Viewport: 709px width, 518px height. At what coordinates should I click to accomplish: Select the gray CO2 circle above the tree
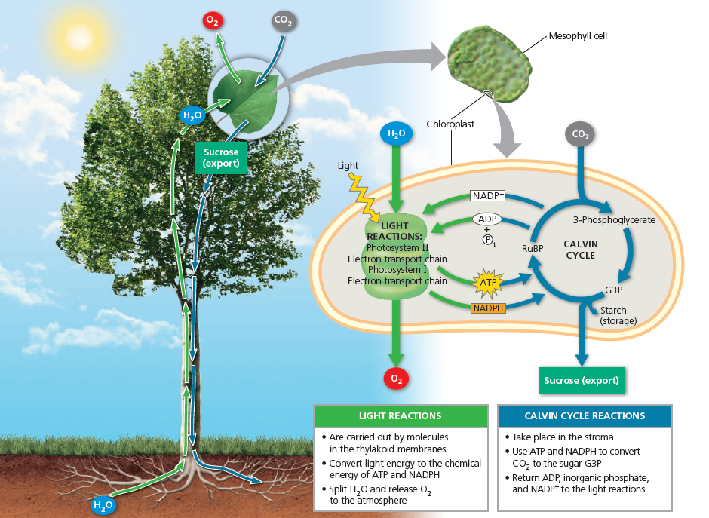[x=284, y=22]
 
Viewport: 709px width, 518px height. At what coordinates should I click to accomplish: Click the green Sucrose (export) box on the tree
[x=221, y=158]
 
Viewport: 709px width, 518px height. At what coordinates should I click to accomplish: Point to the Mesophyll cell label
[x=577, y=35]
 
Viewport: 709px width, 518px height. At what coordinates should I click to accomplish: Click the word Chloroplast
[x=450, y=124]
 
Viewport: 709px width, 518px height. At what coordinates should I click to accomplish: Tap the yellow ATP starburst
[x=486, y=284]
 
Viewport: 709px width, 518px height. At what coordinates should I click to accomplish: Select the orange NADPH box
[x=488, y=308]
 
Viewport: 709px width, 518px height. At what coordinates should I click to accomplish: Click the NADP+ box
[x=488, y=196]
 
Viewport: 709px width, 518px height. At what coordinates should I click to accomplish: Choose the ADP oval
[x=487, y=219]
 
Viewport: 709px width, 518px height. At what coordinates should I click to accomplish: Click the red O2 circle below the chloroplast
[x=396, y=379]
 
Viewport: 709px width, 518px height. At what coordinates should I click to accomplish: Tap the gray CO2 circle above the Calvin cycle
[x=580, y=135]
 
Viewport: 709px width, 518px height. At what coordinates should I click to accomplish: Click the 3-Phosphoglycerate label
[x=614, y=220]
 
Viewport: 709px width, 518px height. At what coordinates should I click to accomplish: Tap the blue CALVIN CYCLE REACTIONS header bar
[x=585, y=416]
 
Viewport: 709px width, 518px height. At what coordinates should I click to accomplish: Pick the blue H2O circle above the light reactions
[x=396, y=135]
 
